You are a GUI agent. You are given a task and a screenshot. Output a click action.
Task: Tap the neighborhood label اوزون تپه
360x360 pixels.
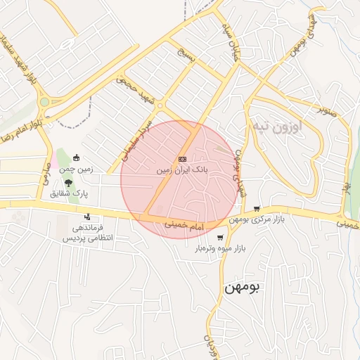(275, 127)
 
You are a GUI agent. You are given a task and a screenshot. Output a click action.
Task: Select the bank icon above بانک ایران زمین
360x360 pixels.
(182, 160)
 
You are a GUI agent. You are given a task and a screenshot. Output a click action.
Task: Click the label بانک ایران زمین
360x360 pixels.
(182, 170)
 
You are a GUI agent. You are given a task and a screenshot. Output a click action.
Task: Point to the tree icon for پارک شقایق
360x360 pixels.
(67, 181)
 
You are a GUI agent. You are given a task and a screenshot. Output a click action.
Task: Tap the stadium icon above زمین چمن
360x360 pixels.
(76, 158)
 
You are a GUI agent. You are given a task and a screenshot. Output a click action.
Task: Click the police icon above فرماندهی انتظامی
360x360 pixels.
(87, 217)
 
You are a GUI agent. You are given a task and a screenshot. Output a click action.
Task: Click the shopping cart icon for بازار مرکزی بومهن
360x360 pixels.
(257, 209)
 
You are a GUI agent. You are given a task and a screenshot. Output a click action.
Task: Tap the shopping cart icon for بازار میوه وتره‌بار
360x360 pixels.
(220, 238)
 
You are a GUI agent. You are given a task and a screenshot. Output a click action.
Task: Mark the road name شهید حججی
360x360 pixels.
(134, 90)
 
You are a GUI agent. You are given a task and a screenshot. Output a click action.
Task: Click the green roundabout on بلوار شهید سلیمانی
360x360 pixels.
(44, 102)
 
